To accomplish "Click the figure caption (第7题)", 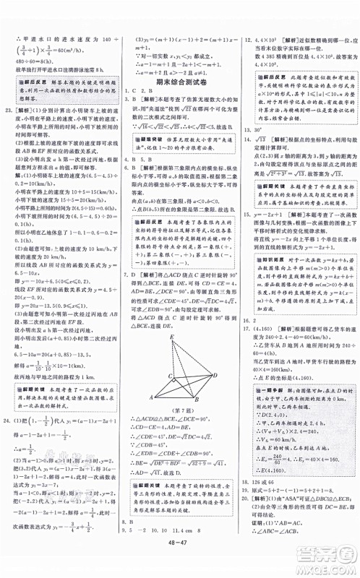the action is point(179,410).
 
